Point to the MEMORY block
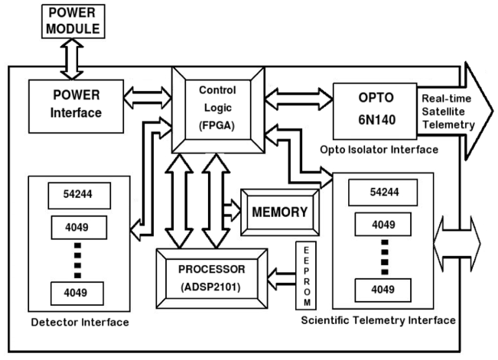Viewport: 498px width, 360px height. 278,210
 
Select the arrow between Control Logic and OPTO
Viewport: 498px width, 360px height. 298,98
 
